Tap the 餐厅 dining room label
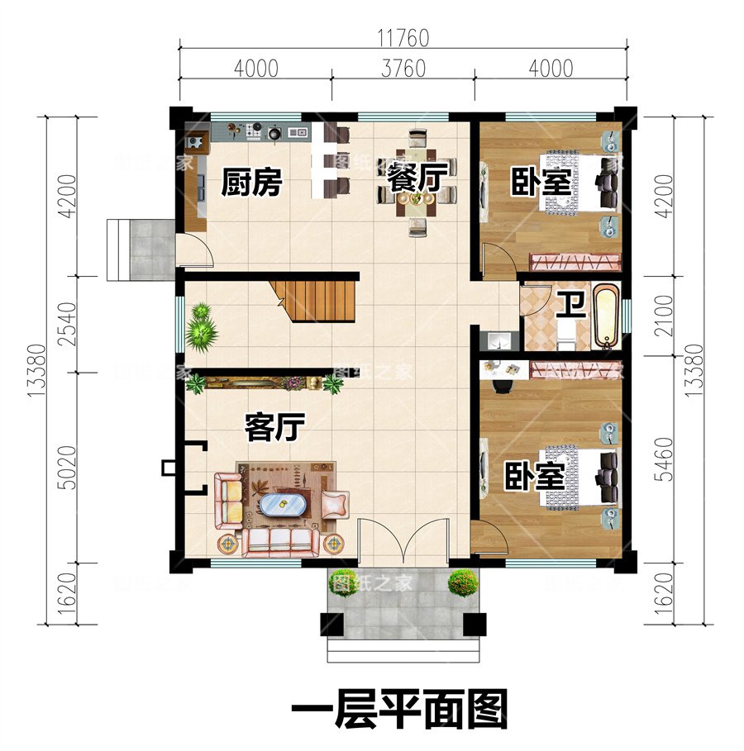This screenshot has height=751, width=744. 417,178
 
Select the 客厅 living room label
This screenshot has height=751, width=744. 276,427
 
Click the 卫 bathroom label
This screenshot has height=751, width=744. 570,306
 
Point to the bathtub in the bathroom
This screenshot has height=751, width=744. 606,316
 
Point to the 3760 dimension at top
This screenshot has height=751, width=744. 403,69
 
